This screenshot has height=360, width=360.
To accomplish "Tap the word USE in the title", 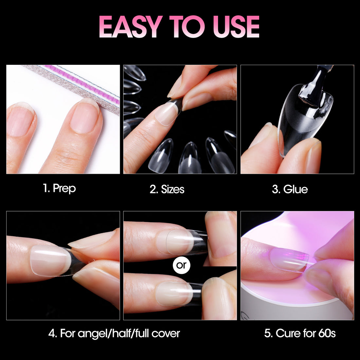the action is click(236, 27).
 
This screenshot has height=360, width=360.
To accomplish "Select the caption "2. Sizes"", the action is click(167, 189).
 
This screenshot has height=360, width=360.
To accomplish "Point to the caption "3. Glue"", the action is click(290, 189).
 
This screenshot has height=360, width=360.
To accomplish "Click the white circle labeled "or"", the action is click(181, 265).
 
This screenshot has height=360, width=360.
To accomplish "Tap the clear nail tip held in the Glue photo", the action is click(303, 119).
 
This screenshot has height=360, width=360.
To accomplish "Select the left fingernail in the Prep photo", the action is click(20, 119).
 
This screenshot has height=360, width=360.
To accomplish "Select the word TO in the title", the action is click(187, 27).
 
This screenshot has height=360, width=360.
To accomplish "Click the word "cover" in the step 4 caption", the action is click(166, 334).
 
